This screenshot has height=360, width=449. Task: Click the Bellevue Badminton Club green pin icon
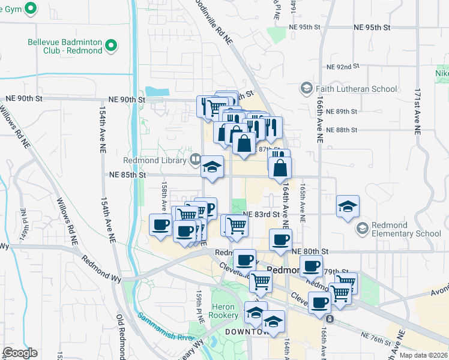pyautogui.click(x=110, y=46)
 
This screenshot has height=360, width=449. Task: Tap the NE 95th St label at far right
pyautogui.click(x=372, y=28)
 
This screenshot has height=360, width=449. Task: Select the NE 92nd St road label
pyautogui.click(x=342, y=67)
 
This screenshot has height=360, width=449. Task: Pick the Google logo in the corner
pyautogui.click(x=20, y=353)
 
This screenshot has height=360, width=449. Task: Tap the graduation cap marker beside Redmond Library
pyautogui.click(x=212, y=166)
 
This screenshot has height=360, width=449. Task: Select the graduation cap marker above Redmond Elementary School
pyautogui.click(x=348, y=206)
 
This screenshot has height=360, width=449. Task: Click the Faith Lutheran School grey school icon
pyautogui.click(x=306, y=89)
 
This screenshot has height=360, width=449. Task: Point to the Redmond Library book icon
pyautogui.click(x=195, y=160)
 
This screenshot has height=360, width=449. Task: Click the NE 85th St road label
pyautogui.click(x=128, y=175)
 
